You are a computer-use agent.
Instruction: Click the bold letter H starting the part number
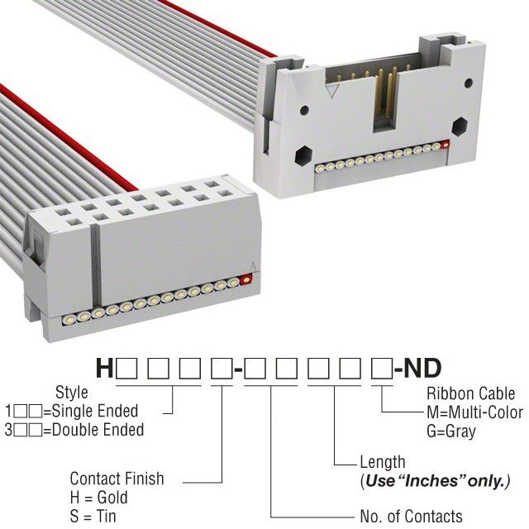105,368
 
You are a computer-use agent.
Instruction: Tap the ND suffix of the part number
422,368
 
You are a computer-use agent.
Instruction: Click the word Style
72,393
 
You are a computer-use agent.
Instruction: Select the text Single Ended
95,411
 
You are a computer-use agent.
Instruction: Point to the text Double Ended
98,430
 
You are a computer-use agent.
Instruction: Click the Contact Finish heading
117,479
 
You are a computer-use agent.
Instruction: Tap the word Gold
112,498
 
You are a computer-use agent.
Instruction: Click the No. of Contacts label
412,516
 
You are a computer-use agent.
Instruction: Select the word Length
383,462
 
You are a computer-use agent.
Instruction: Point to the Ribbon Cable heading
471,393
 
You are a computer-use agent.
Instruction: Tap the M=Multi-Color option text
475,412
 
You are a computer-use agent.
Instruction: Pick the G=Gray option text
451,431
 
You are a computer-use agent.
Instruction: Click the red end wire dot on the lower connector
246,279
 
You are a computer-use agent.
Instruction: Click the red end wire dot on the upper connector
446,145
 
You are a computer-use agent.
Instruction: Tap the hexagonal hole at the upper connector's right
460,126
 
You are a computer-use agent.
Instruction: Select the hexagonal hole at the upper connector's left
303,155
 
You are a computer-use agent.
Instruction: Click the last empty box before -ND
382,369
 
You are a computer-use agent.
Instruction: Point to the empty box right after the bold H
126,369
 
